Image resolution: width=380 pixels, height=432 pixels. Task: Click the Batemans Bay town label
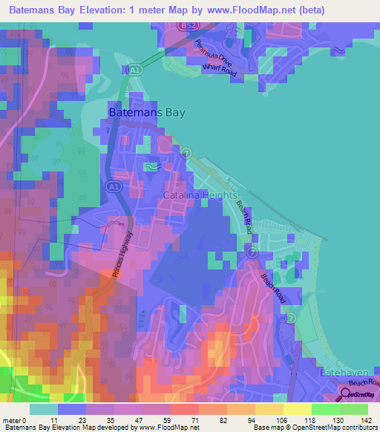[x=146, y=113]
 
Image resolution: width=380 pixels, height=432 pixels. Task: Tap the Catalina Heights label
[x=194, y=195]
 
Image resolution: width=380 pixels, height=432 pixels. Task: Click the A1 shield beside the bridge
[x=134, y=70]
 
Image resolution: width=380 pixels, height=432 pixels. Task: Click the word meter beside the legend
[x=10, y=419]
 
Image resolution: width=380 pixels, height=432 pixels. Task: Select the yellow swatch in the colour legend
[x=297, y=409]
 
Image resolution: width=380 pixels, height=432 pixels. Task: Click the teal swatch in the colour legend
[x=44, y=409]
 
